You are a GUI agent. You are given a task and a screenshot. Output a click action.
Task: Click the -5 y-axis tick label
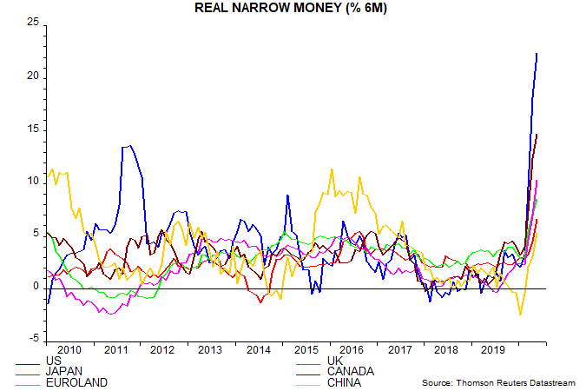point(33,339)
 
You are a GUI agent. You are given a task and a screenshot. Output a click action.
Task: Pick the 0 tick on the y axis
point(36,287)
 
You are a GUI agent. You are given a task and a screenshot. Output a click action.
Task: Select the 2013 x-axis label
point(209,350)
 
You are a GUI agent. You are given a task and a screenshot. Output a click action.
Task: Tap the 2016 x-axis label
point(351,350)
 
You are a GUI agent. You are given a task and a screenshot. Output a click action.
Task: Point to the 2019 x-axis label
point(492,350)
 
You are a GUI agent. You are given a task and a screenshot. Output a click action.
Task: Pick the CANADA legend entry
point(351,372)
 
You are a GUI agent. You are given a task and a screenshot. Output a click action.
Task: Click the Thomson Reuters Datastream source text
point(500,383)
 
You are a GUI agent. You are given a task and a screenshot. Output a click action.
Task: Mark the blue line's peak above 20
point(537,54)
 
